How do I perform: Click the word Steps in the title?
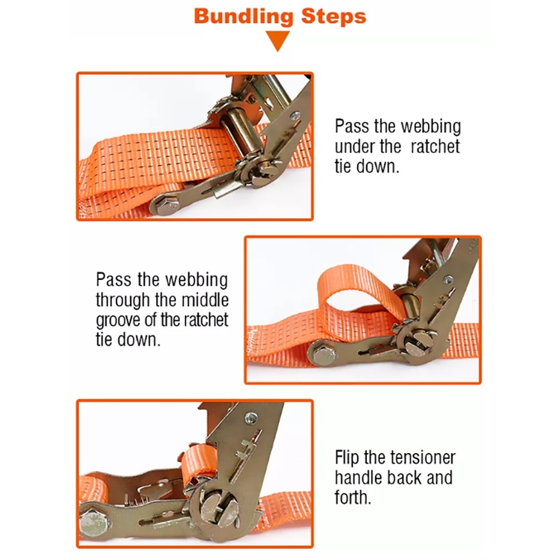coord(334,17)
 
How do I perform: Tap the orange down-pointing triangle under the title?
coord(278,41)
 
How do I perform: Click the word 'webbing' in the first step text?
coord(431,127)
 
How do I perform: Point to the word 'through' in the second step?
coord(121,300)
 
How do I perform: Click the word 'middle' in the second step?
coord(205,299)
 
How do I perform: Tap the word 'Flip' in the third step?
coord(346,458)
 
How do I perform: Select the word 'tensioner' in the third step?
coord(423,458)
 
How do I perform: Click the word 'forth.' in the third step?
coord(353,497)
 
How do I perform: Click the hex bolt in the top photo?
coord(168,206)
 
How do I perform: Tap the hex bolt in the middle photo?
coord(325,355)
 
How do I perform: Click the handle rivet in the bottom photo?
coord(251,417)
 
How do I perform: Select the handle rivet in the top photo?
coord(295,115)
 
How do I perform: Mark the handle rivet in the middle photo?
coord(448,280)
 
